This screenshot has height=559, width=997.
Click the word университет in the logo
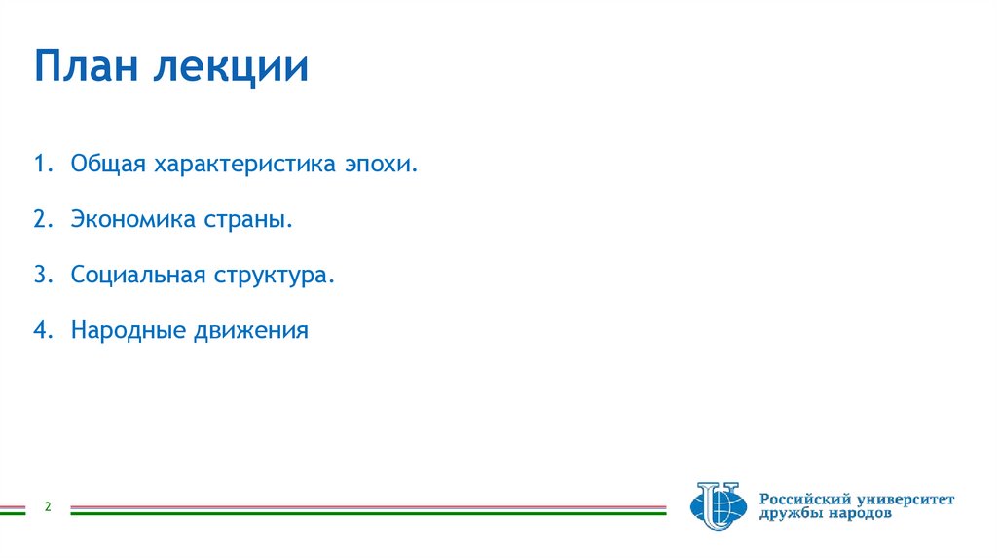(x=906, y=500)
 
